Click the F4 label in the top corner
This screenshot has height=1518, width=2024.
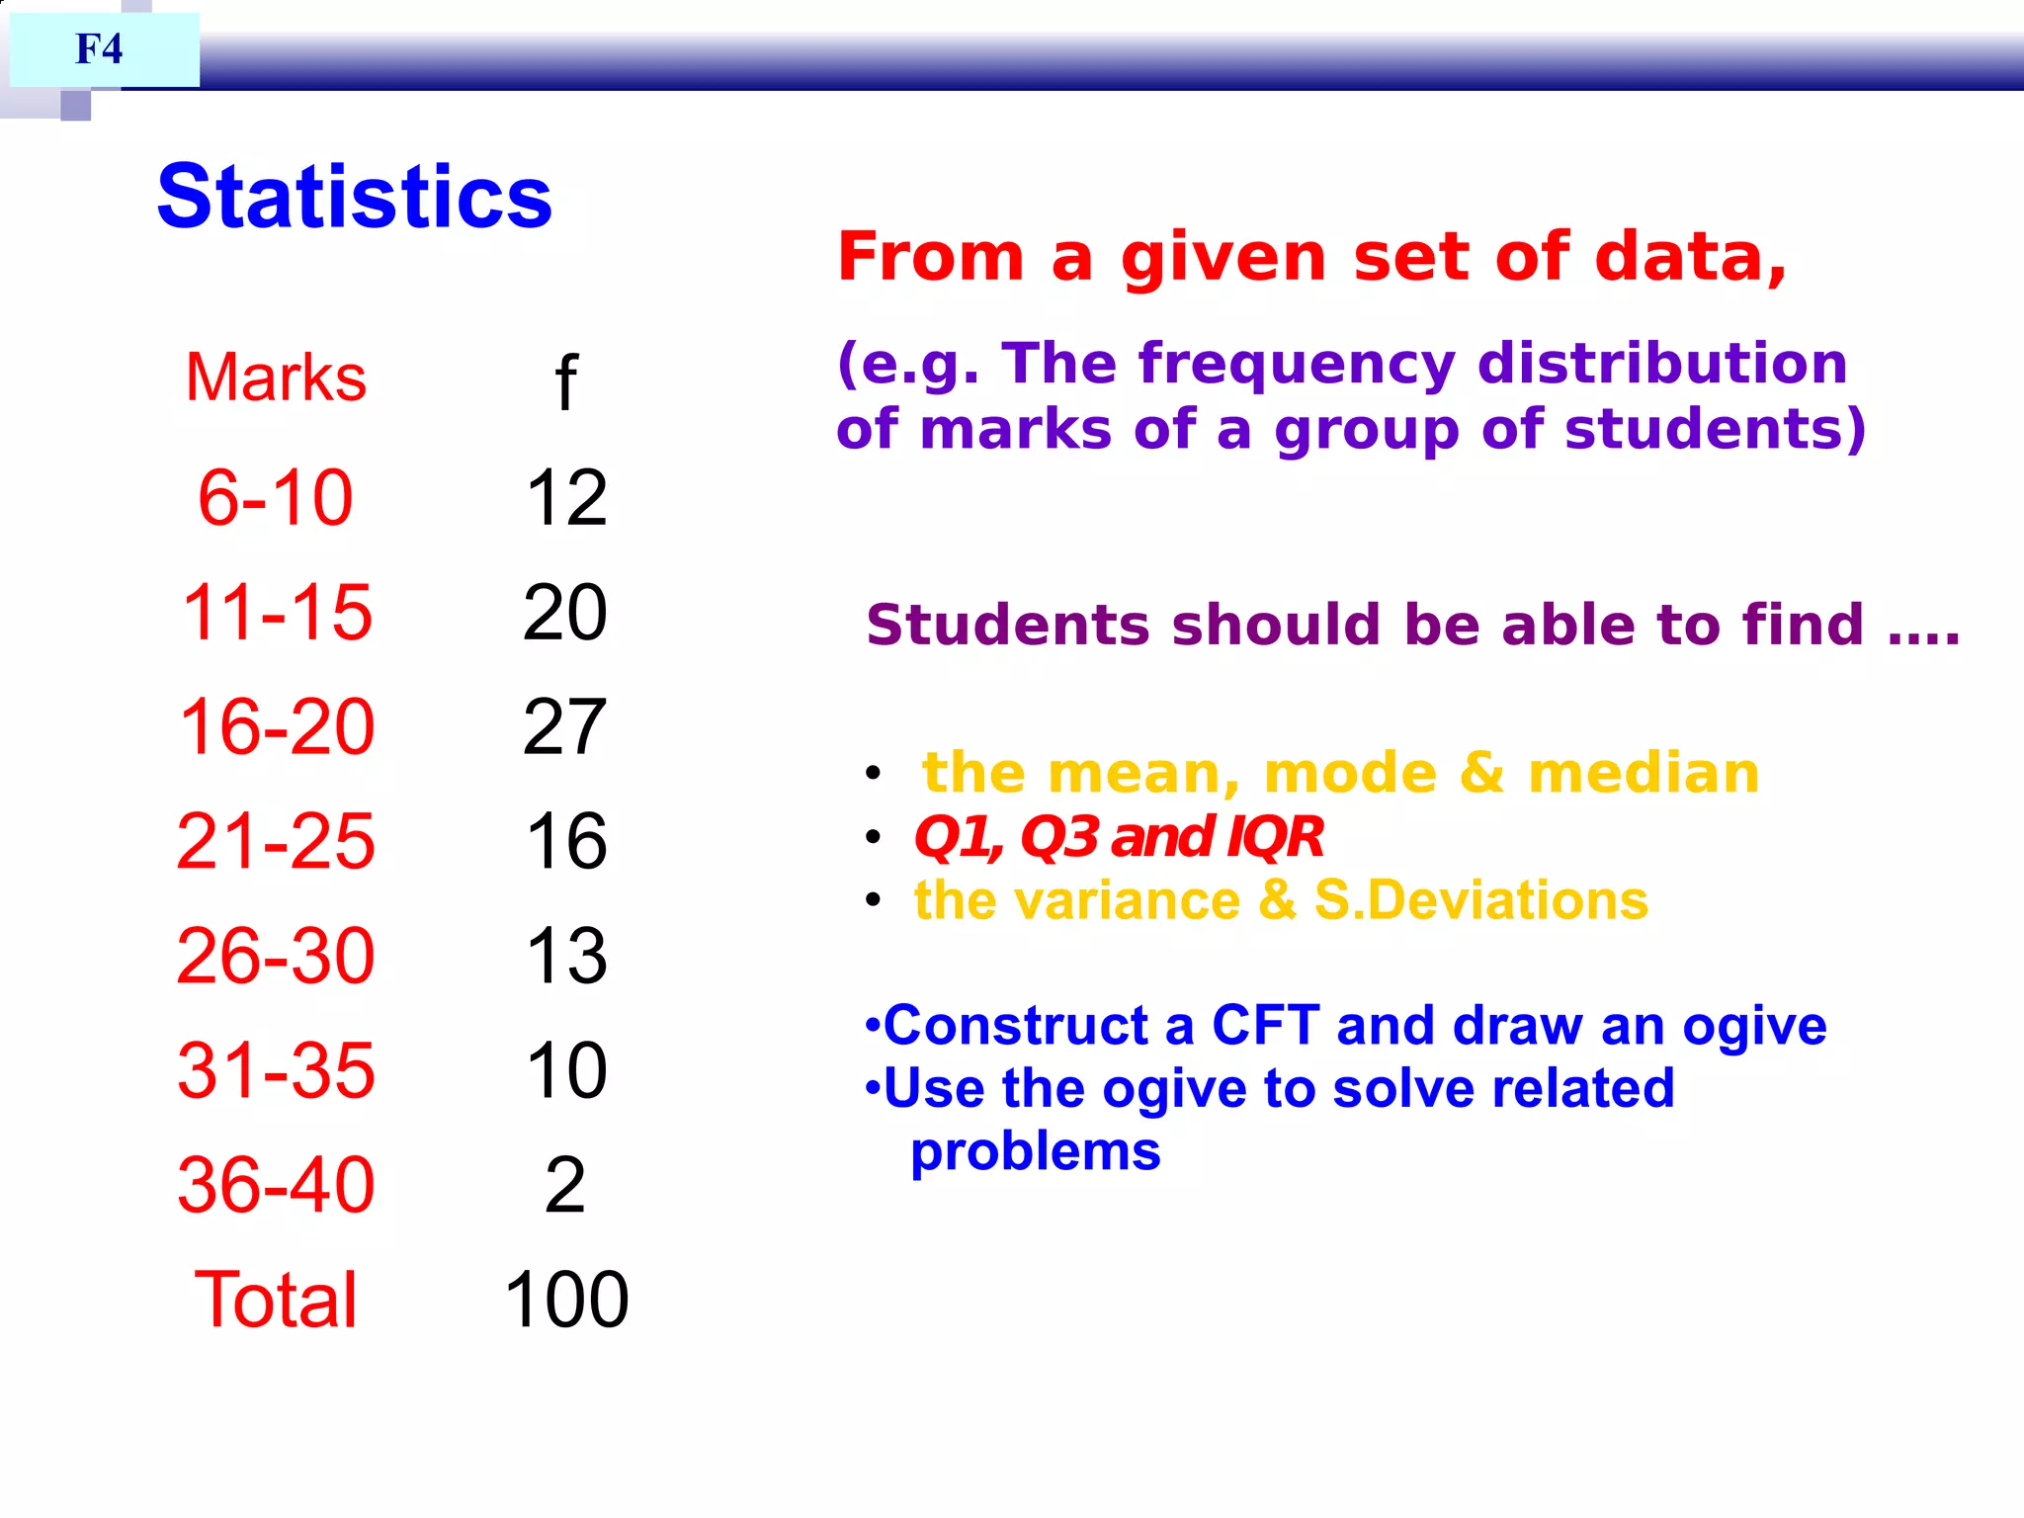point(99,48)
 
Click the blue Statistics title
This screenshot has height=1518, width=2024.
point(354,196)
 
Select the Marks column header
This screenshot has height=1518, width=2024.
point(276,378)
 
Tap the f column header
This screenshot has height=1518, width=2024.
point(565,382)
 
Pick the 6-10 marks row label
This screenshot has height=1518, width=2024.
point(275,497)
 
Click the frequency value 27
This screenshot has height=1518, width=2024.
point(564,727)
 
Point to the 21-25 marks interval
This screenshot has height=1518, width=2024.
point(276,841)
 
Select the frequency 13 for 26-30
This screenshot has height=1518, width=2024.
point(565,956)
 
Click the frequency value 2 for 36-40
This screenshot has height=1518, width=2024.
point(565,1185)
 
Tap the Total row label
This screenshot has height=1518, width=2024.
point(276,1300)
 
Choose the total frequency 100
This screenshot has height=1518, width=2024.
point(566,1300)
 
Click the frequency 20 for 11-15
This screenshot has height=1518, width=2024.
point(564,613)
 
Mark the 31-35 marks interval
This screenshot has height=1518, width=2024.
point(276,1070)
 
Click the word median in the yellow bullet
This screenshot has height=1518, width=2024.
point(1644,773)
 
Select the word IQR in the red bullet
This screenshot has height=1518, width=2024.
point(1275,837)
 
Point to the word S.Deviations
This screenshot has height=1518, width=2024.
point(1480,900)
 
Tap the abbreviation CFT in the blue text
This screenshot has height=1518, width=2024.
point(1265,1025)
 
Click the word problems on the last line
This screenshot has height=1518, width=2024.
point(1035,1152)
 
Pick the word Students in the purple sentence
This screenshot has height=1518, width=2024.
point(1008,625)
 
